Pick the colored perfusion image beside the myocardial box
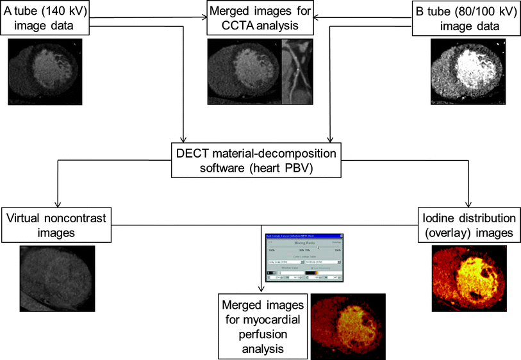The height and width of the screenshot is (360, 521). [x=347, y=326]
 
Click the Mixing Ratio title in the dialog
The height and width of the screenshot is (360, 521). [x=304, y=244]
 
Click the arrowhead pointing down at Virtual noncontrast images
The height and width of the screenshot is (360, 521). [x=58, y=203]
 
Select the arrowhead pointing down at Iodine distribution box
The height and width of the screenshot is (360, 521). [x=470, y=203]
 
